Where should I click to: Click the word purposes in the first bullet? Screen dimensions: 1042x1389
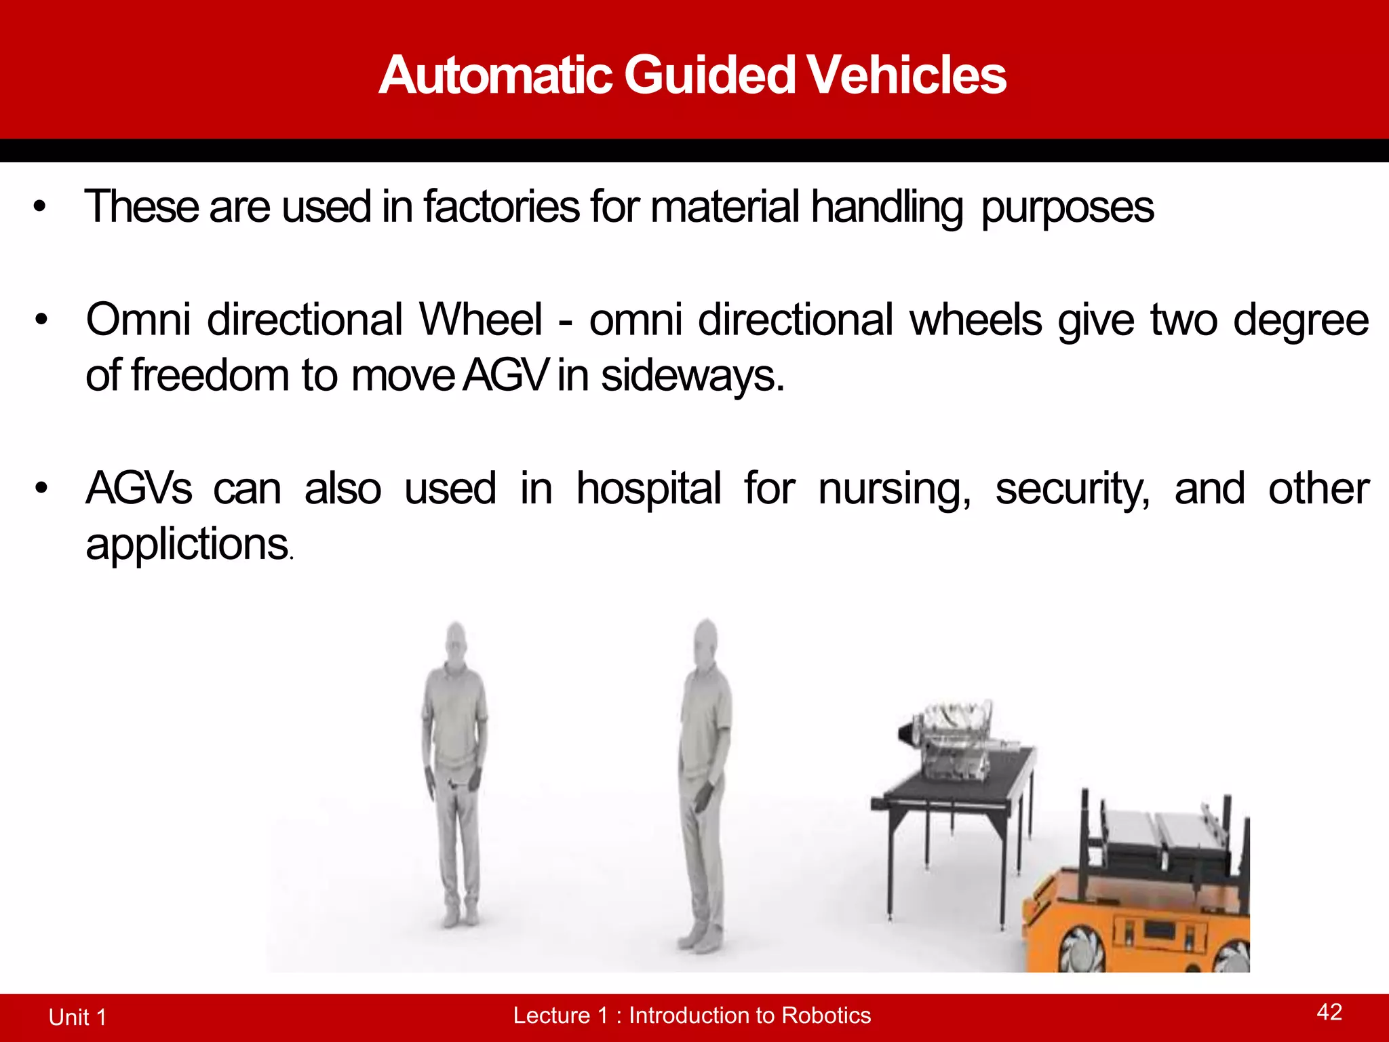tap(1067, 208)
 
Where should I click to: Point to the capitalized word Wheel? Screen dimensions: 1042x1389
tap(480, 319)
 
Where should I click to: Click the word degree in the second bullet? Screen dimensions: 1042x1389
tap(1300, 320)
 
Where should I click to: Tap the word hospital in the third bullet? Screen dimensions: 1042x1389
tap(648, 488)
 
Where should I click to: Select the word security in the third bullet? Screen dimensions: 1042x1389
tap(1072, 488)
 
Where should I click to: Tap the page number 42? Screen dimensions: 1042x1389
tap(1329, 1011)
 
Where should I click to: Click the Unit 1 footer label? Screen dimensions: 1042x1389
tap(77, 1017)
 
